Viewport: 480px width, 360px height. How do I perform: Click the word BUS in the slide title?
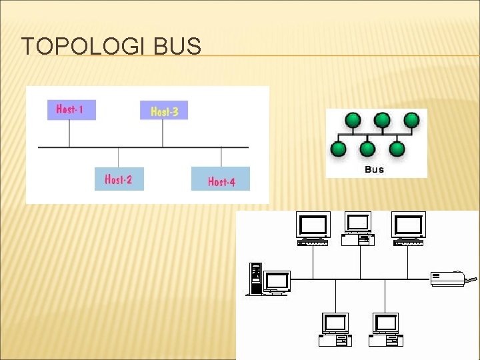pyautogui.click(x=177, y=47)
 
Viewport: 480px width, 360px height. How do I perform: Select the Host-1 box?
pyautogui.click(x=71, y=109)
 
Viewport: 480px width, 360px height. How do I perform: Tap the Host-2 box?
pyautogui.click(x=119, y=179)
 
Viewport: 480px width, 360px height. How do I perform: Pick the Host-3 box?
pyautogui.click(x=164, y=111)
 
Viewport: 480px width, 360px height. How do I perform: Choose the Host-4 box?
pyautogui.click(x=221, y=180)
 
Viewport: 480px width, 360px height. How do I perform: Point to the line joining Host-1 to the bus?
pyautogui.click(x=69, y=133)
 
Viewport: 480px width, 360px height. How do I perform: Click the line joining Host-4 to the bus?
pyautogui.click(x=221, y=157)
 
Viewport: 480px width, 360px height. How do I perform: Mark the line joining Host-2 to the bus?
pyautogui.click(x=118, y=157)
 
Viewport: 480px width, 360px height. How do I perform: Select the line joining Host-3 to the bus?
pyautogui.click(x=163, y=133)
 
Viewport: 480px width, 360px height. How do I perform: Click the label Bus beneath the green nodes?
pyautogui.click(x=375, y=169)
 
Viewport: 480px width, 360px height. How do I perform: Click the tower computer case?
pyautogui.click(x=255, y=279)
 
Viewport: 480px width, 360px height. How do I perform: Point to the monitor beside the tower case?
pyautogui.click(x=276, y=281)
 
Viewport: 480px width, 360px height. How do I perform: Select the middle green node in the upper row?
pyautogui.click(x=382, y=121)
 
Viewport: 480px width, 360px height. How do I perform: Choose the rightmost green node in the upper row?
pyautogui.click(x=411, y=121)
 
